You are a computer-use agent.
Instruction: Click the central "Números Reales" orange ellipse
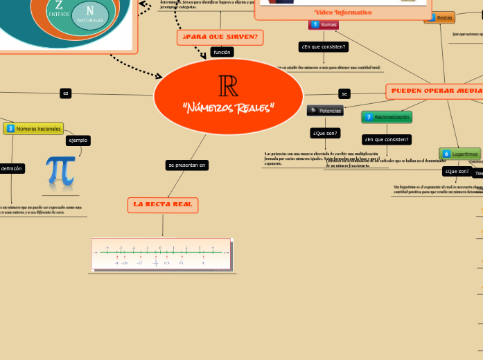[228, 96]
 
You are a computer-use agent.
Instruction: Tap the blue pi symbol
[60, 171]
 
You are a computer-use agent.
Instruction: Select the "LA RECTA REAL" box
[163, 205]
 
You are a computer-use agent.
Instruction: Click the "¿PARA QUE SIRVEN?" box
[220, 37]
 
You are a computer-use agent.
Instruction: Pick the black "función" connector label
[222, 52]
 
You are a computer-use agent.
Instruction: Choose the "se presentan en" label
[186, 165]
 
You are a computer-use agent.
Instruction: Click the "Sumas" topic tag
[324, 24]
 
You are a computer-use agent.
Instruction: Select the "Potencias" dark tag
[325, 110]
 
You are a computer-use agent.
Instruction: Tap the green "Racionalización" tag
[387, 117]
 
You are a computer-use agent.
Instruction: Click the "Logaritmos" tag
[459, 154]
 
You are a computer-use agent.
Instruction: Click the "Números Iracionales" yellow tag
[33, 128]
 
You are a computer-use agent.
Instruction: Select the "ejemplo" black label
[78, 140]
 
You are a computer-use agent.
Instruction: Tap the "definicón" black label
[11, 168]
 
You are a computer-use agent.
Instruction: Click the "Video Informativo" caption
[343, 12]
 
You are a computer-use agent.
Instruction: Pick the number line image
[162, 254]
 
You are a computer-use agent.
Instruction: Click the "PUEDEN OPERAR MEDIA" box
[435, 91]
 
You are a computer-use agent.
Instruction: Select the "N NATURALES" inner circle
[90, 15]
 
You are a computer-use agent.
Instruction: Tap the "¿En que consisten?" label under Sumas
[323, 47]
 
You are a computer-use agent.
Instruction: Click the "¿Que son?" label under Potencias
[325, 133]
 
